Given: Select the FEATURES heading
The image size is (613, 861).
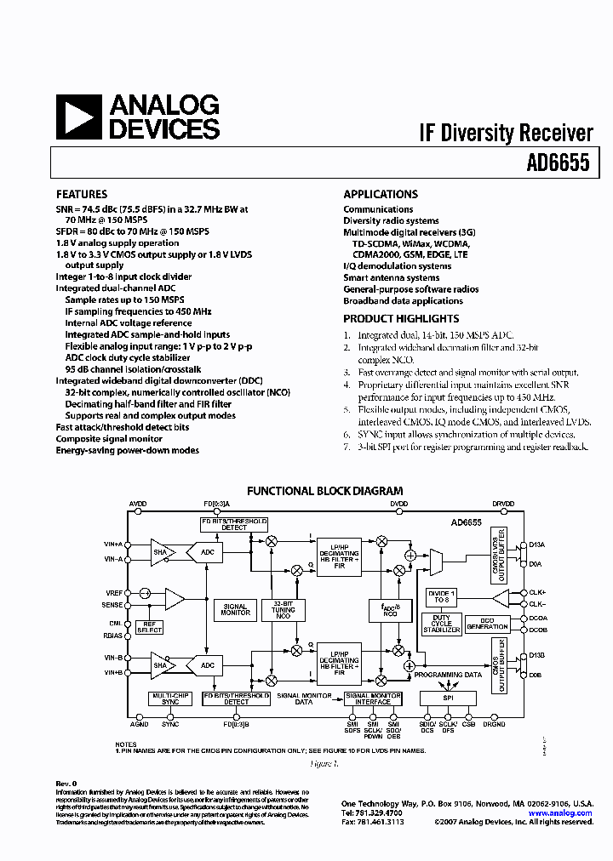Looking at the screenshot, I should tap(82, 194).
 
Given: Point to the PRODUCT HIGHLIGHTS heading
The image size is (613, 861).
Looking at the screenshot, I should tap(401, 318).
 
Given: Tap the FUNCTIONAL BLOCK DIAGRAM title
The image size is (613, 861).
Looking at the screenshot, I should tap(324, 491).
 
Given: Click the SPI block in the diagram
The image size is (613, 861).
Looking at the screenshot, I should tap(448, 698).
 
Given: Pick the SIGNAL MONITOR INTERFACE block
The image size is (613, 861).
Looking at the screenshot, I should tap(373, 698).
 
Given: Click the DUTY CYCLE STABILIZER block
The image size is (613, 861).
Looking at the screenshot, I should tap(443, 624).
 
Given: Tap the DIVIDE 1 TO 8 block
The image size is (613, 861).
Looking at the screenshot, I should tap(443, 596).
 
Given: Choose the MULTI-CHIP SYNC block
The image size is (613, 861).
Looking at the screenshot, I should tap(170, 698).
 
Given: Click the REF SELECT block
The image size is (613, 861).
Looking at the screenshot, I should tap(150, 628).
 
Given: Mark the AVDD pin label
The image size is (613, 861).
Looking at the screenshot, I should tap(138, 505).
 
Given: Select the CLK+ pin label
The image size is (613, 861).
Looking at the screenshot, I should tap(537, 591).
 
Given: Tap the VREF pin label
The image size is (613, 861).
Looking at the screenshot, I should tap(113, 591).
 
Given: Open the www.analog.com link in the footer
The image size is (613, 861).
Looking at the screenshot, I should tap(560, 813).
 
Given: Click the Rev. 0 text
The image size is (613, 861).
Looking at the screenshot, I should tap(66, 783).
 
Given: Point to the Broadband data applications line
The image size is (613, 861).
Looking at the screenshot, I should tap(403, 301).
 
